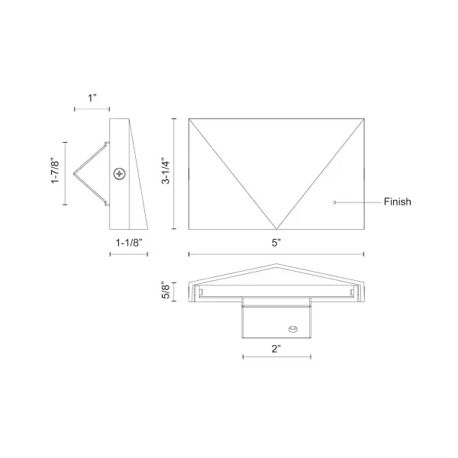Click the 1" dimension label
(93, 98)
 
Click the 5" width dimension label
(276, 243)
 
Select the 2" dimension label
(276, 348)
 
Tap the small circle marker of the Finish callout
(334, 202)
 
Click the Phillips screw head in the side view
(120, 174)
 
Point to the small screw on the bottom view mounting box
(291, 330)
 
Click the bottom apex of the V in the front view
(276, 229)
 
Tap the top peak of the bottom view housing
(276, 266)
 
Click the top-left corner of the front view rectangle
(189, 118)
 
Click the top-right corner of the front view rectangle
(363, 118)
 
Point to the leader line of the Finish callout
(359, 202)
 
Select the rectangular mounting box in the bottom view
(276, 319)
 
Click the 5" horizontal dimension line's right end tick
(363, 254)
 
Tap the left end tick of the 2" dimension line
(243, 357)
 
